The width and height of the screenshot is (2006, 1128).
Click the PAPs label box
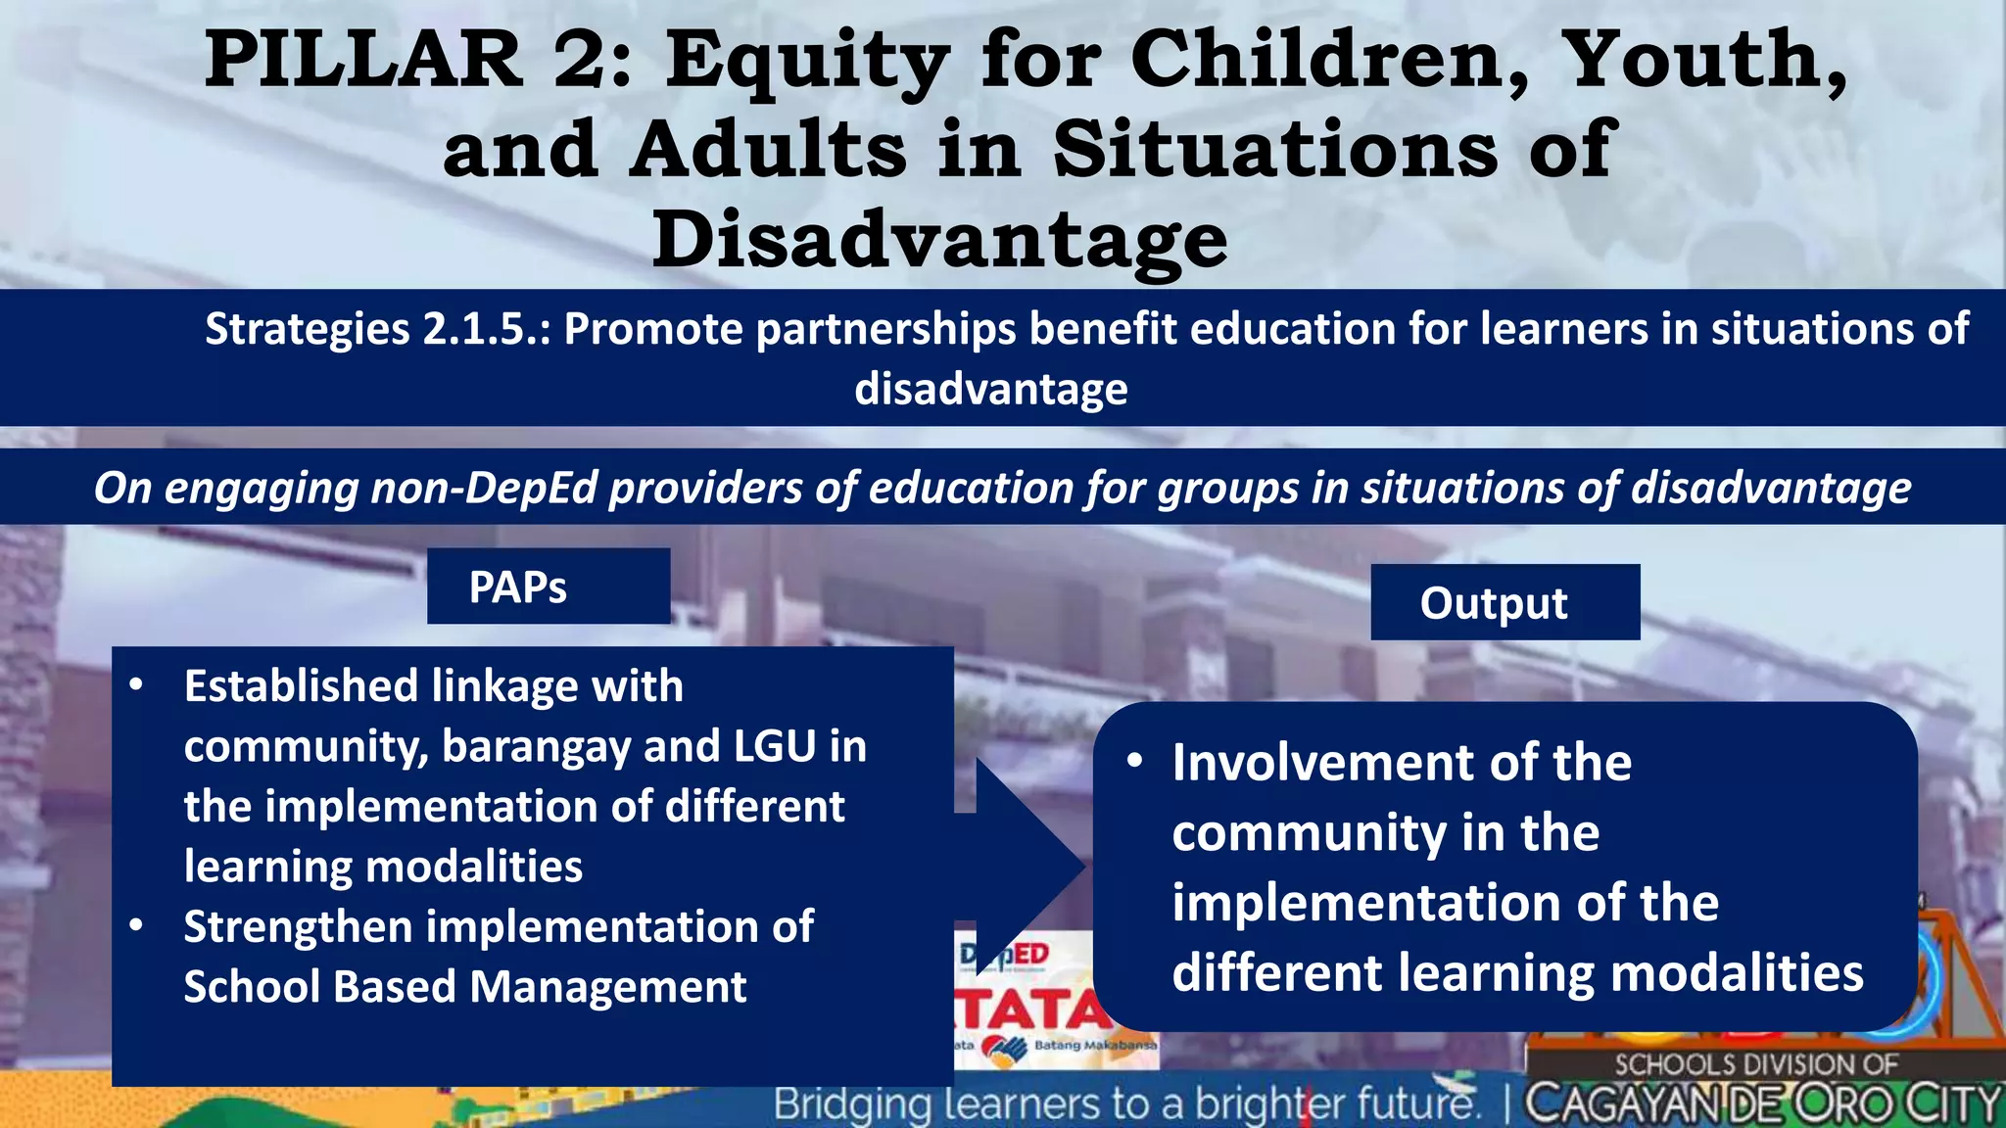(548, 587)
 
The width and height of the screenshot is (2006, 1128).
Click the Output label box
(1504, 602)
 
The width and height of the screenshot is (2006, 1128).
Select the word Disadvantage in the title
(939, 240)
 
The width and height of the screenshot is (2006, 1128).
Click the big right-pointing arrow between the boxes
(1024, 866)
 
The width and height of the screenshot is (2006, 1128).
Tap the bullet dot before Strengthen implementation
(136, 925)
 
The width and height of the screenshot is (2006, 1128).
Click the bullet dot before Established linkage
(136, 684)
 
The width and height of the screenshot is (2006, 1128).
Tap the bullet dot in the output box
(1134, 761)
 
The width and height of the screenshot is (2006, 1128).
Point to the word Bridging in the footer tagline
(851, 1104)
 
